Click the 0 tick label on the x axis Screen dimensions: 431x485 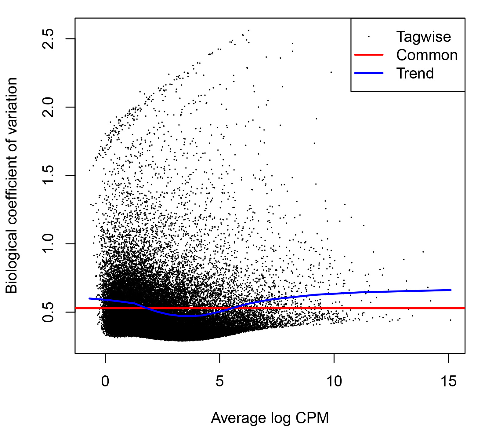pyautogui.click(x=105, y=382)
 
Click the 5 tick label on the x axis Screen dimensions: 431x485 pyautogui.click(x=219, y=382)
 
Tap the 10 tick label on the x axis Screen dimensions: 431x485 pyautogui.click(x=334, y=382)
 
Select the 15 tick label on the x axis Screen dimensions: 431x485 pyautogui.click(x=448, y=382)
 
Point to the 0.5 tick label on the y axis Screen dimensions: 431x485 pyautogui.click(x=48, y=312)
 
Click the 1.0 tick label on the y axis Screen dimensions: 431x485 pyautogui.click(x=48, y=244)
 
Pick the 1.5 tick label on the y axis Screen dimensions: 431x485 pyautogui.click(x=48, y=175)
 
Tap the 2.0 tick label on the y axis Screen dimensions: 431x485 pyautogui.click(x=48, y=107)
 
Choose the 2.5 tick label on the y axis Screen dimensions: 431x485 pyautogui.click(x=48, y=39)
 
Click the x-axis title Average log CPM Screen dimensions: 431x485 pyautogui.click(x=270, y=418)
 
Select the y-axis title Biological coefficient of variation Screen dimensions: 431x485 pyautogui.click(x=12, y=185)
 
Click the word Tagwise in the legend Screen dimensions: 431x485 pyautogui.click(x=423, y=37)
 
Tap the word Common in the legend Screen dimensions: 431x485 pyautogui.click(x=427, y=55)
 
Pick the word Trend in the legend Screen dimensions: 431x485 pyautogui.click(x=415, y=74)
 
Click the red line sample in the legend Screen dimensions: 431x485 pyautogui.click(x=368, y=55)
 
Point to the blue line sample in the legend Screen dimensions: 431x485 pyautogui.click(x=368, y=73)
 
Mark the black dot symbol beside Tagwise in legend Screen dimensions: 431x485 pyautogui.click(x=369, y=36)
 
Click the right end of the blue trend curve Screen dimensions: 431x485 pyautogui.click(x=451, y=290)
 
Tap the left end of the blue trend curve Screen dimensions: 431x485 pyautogui.click(x=89, y=298)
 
